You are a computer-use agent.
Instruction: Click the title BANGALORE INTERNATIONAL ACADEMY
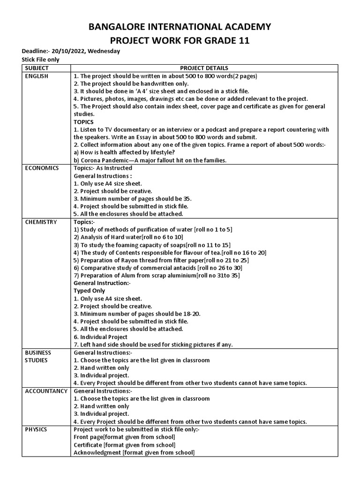(x=180, y=26)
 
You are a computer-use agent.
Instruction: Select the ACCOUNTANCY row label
(x=45, y=390)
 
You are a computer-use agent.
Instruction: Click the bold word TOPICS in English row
(x=84, y=122)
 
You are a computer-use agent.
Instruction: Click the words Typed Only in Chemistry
(x=89, y=291)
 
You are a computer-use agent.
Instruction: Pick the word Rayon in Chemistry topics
(x=125, y=260)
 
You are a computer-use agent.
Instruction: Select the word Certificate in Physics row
(x=88, y=444)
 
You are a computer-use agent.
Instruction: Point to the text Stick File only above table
(x=41, y=60)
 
